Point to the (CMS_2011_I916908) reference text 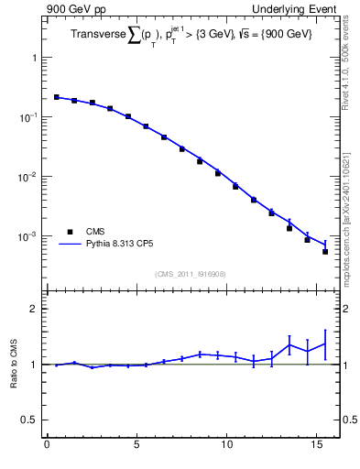[191, 274]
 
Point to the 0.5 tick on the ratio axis [29, 420]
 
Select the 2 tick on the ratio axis [34, 309]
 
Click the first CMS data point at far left [56, 96]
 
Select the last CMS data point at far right [325, 251]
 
